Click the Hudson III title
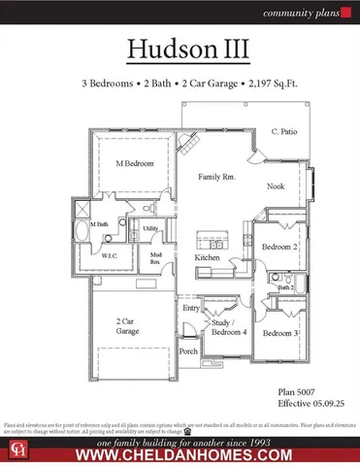click(180, 51)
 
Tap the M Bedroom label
click(135, 164)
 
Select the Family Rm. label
click(217, 178)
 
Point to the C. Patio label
click(283, 131)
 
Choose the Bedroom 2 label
click(278, 248)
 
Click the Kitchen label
click(207, 258)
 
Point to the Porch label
click(189, 351)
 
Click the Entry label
click(191, 308)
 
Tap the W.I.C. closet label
click(111, 257)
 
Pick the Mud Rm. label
click(155, 259)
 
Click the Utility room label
click(150, 229)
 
